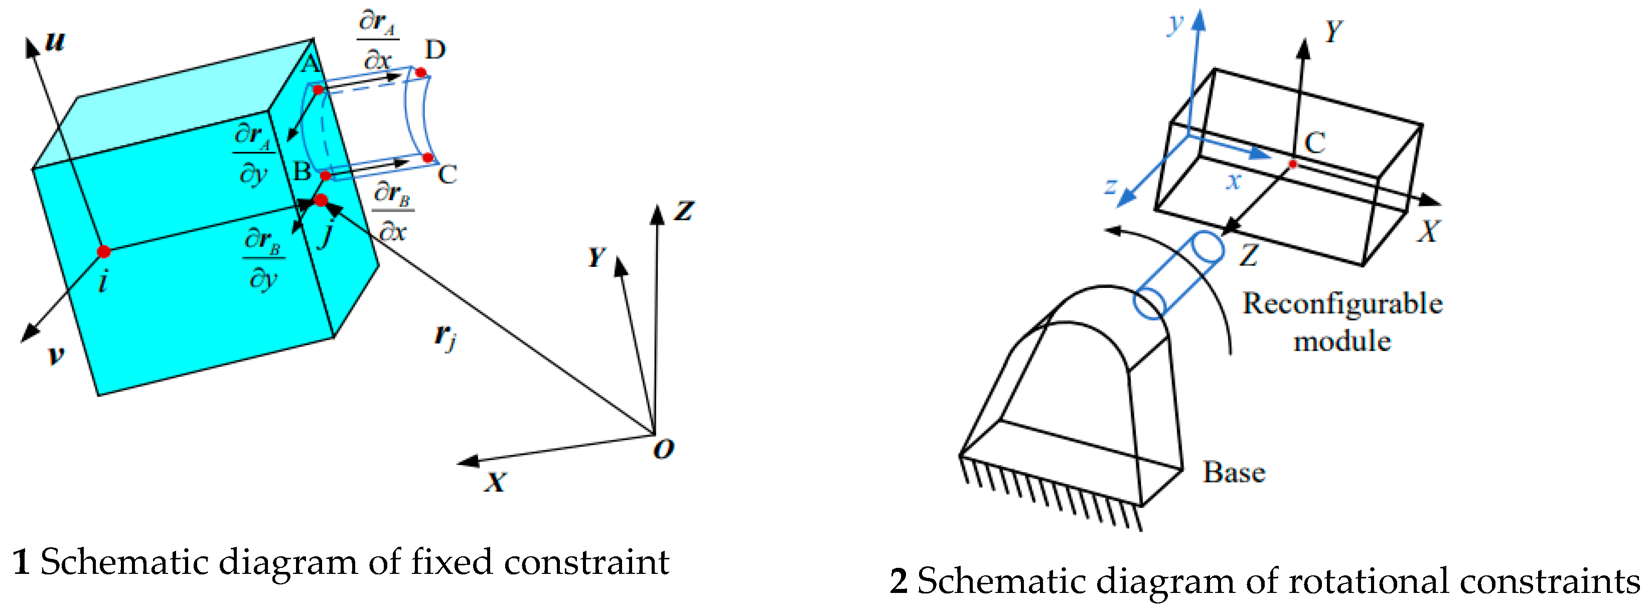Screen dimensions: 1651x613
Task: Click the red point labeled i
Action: pyautogui.click(x=104, y=251)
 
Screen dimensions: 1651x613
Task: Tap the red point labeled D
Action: pyautogui.click(x=420, y=72)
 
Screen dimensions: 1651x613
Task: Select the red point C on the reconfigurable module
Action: pyautogui.click(x=1293, y=164)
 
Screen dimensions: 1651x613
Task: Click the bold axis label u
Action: pyautogui.click(x=55, y=41)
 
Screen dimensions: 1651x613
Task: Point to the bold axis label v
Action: pyautogui.click(x=56, y=354)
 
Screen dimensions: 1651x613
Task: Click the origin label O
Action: pyautogui.click(x=663, y=449)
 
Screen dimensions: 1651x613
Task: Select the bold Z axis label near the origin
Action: pyautogui.click(x=684, y=211)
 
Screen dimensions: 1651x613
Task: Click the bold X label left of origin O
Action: pyautogui.click(x=495, y=482)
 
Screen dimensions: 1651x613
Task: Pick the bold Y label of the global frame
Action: pyautogui.click(x=596, y=257)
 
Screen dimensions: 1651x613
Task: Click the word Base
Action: pyautogui.click(x=1234, y=473)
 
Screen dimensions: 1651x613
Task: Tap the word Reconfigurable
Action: pyautogui.click(x=1342, y=303)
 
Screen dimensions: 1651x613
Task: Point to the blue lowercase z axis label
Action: pyautogui.click(x=1111, y=187)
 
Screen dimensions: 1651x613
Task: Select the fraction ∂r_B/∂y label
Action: pyautogui.click(x=263, y=259)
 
